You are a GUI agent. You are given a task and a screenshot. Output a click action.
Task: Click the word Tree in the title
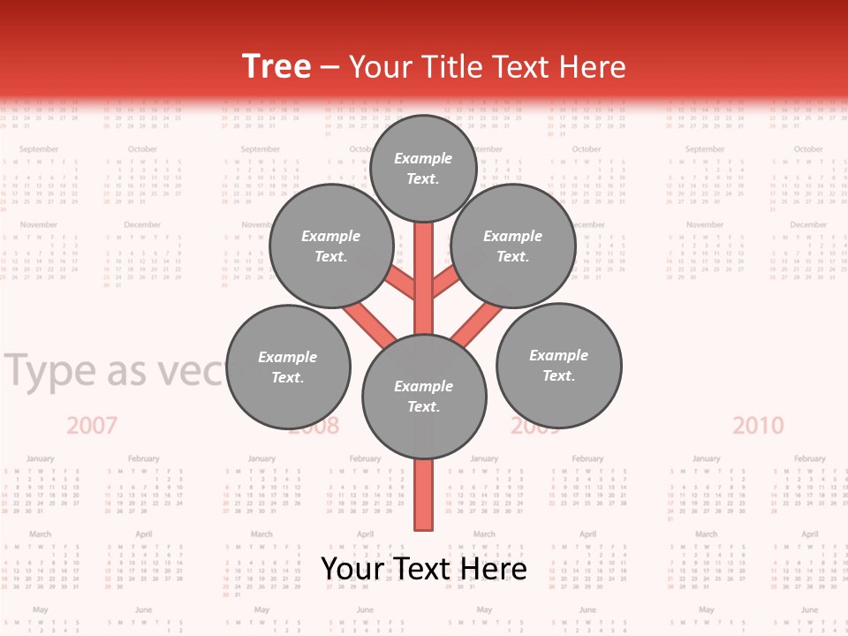[x=276, y=67]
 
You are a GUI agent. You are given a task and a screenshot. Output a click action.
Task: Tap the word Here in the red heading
[x=593, y=67]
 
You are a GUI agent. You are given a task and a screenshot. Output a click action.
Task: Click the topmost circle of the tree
[x=423, y=168]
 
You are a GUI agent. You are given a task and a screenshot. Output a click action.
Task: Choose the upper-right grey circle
[x=513, y=246]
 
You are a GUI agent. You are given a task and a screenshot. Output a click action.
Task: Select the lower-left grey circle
[x=288, y=367]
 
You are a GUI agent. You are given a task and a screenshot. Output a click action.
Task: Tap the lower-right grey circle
[x=558, y=365]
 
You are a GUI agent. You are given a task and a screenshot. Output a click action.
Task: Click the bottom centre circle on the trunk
[x=424, y=397]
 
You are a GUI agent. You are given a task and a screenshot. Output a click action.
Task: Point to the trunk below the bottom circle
[x=424, y=495]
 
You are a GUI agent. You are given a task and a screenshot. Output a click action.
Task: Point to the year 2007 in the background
[x=92, y=426]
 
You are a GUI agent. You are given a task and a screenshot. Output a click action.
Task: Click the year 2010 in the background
[x=758, y=426]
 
